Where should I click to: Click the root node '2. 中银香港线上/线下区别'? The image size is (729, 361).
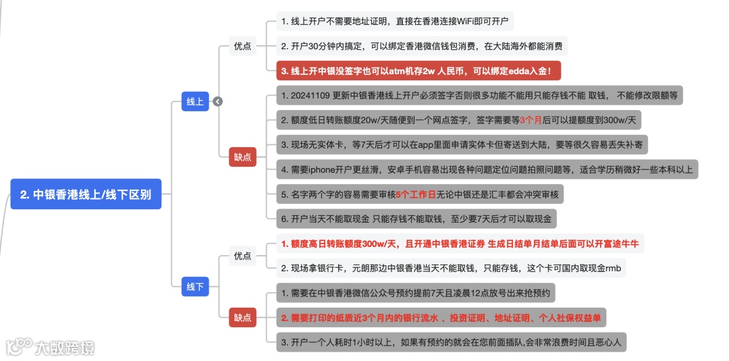click(x=86, y=194)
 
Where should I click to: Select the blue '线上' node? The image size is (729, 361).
click(x=195, y=101)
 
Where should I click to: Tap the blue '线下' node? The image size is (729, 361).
click(x=195, y=286)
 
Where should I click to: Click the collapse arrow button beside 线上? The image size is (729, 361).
click(x=217, y=101)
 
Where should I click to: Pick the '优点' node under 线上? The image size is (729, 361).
click(x=242, y=46)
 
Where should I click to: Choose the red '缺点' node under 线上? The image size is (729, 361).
click(x=242, y=157)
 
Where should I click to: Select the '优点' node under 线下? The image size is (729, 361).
click(x=242, y=256)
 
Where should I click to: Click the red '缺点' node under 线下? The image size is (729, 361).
click(x=242, y=317)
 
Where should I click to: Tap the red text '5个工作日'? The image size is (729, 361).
click(x=416, y=194)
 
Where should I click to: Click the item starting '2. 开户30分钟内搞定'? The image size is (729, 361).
click(x=424, y=46)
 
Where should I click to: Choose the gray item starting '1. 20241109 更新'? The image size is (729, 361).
click(x=479, y=95)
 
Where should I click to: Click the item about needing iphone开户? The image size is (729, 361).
click(x=486, y=169)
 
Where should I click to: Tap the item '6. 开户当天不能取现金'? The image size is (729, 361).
click(x=416, y=219)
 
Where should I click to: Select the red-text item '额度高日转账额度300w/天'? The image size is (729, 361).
click(x=460, y=243)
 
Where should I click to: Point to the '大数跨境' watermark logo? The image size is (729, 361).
click(x=51, y=347)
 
